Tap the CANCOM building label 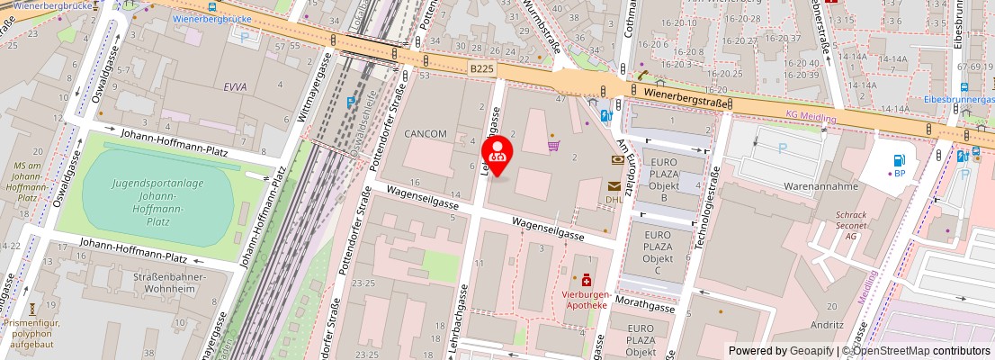[425, 133]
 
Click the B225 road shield [482, 67]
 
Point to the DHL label [614, 199]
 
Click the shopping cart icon [554, 145]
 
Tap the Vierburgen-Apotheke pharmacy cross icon [587, 281]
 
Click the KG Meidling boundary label [811, 117]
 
